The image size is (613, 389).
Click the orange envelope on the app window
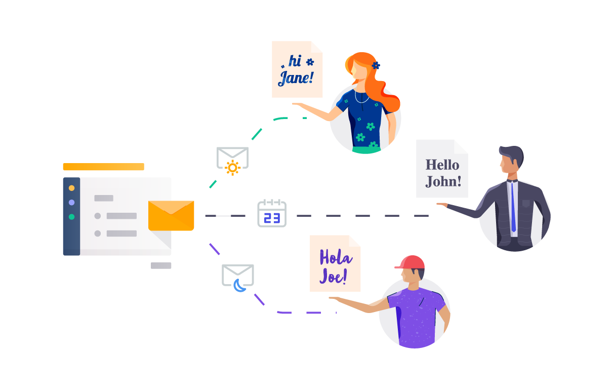171,215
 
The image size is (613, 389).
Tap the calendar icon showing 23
272,213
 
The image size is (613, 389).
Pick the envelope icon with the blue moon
238,277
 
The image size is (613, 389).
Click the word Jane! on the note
296,78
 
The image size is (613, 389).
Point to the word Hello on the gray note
442,165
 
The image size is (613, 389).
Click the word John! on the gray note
443,181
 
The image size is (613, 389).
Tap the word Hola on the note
336,257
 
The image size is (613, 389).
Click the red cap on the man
411,262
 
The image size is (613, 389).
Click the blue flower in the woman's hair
376,65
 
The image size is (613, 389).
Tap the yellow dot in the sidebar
71,188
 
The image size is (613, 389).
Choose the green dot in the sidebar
71,217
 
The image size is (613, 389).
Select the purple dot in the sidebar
71,202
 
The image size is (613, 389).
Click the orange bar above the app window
103,167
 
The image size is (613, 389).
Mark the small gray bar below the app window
161,265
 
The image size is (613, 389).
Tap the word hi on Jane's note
295,61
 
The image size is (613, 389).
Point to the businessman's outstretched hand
442,205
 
